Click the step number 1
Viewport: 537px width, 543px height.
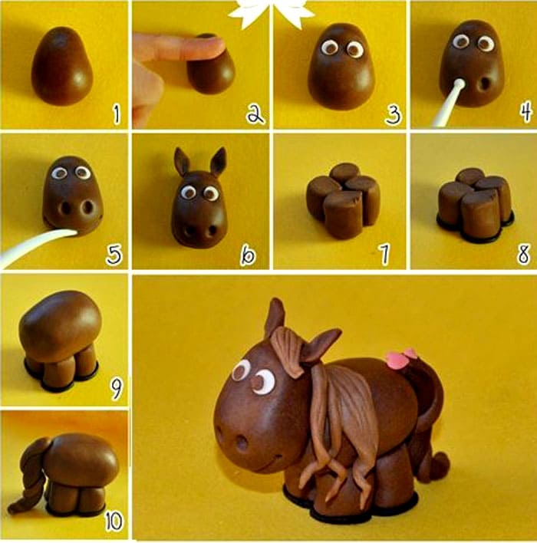pyautogui.click(x=117, y=115)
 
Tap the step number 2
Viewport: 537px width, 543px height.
pyautogui.click(x=255, y=114)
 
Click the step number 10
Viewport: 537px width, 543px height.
pyautogui.click(x=114, y=522)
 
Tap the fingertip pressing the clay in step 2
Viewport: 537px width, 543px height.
pyautogui.click(x=211, y=45)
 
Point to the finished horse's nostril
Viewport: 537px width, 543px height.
pyautogui.click(x=242, y=443)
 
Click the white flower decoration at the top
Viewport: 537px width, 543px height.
pyautogui.click(x=271, y=12)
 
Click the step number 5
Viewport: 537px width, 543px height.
pyautogui.click(x=114, y=255)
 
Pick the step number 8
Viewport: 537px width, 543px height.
pyautogui.click(x=523, y=255)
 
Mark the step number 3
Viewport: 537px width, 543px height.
pyautogui.click(x=394, y=115)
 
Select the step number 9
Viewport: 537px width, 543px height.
pyautogui.click(x=116, y=388)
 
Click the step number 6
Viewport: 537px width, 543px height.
pyautogui.click(x=248, y=255)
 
